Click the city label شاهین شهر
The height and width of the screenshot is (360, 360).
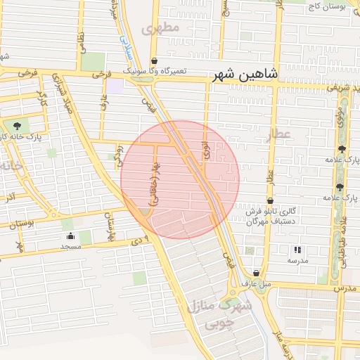[246, 74]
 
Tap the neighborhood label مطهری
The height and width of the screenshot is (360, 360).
[161, 28]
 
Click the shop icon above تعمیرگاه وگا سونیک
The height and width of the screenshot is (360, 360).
[154, 61]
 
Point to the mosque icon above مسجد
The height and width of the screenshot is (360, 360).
[69, 236]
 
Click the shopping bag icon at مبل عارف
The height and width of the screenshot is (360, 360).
[255, 273]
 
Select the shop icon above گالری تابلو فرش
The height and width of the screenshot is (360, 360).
[270, 200]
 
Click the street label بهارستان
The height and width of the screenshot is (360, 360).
[110, 226]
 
